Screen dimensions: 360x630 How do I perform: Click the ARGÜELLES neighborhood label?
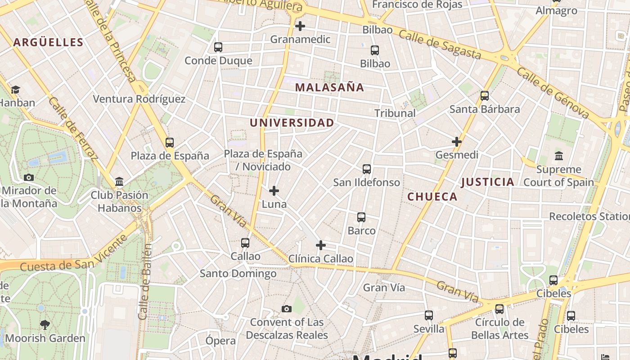click(x=48, y=42)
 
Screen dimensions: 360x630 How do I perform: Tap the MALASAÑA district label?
click(x=329, y=87)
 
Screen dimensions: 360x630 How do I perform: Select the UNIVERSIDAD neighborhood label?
click(x=292, y=122)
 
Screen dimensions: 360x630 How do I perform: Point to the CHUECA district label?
click(x=432, y=197)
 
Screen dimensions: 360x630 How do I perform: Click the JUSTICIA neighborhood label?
click(x=488, y=182)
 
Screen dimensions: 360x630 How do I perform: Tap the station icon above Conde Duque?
click(x=218, y=47)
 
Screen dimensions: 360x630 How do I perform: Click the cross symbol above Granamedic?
click(x=300, y=26)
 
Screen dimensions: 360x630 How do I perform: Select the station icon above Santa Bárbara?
click(x=485, y=95)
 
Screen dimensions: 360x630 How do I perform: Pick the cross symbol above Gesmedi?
click(x=457, y=142)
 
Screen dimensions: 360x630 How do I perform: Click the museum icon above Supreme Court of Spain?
click(x=559, y=156)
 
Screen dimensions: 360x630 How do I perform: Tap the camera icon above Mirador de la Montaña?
click(x=29, y=177)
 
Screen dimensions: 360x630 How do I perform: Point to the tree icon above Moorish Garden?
click(x=45, y=324)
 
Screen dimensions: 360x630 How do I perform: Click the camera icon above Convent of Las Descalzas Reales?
click(x=287, y=309)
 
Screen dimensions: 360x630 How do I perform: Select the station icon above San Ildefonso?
click(x=367, y=169)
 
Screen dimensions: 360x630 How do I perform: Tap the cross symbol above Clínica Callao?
click(x=321, y=245)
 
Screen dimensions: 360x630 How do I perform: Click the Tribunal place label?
click(x=395, y=113)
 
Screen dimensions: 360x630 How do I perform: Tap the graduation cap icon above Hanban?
click(x=16, y=90)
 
